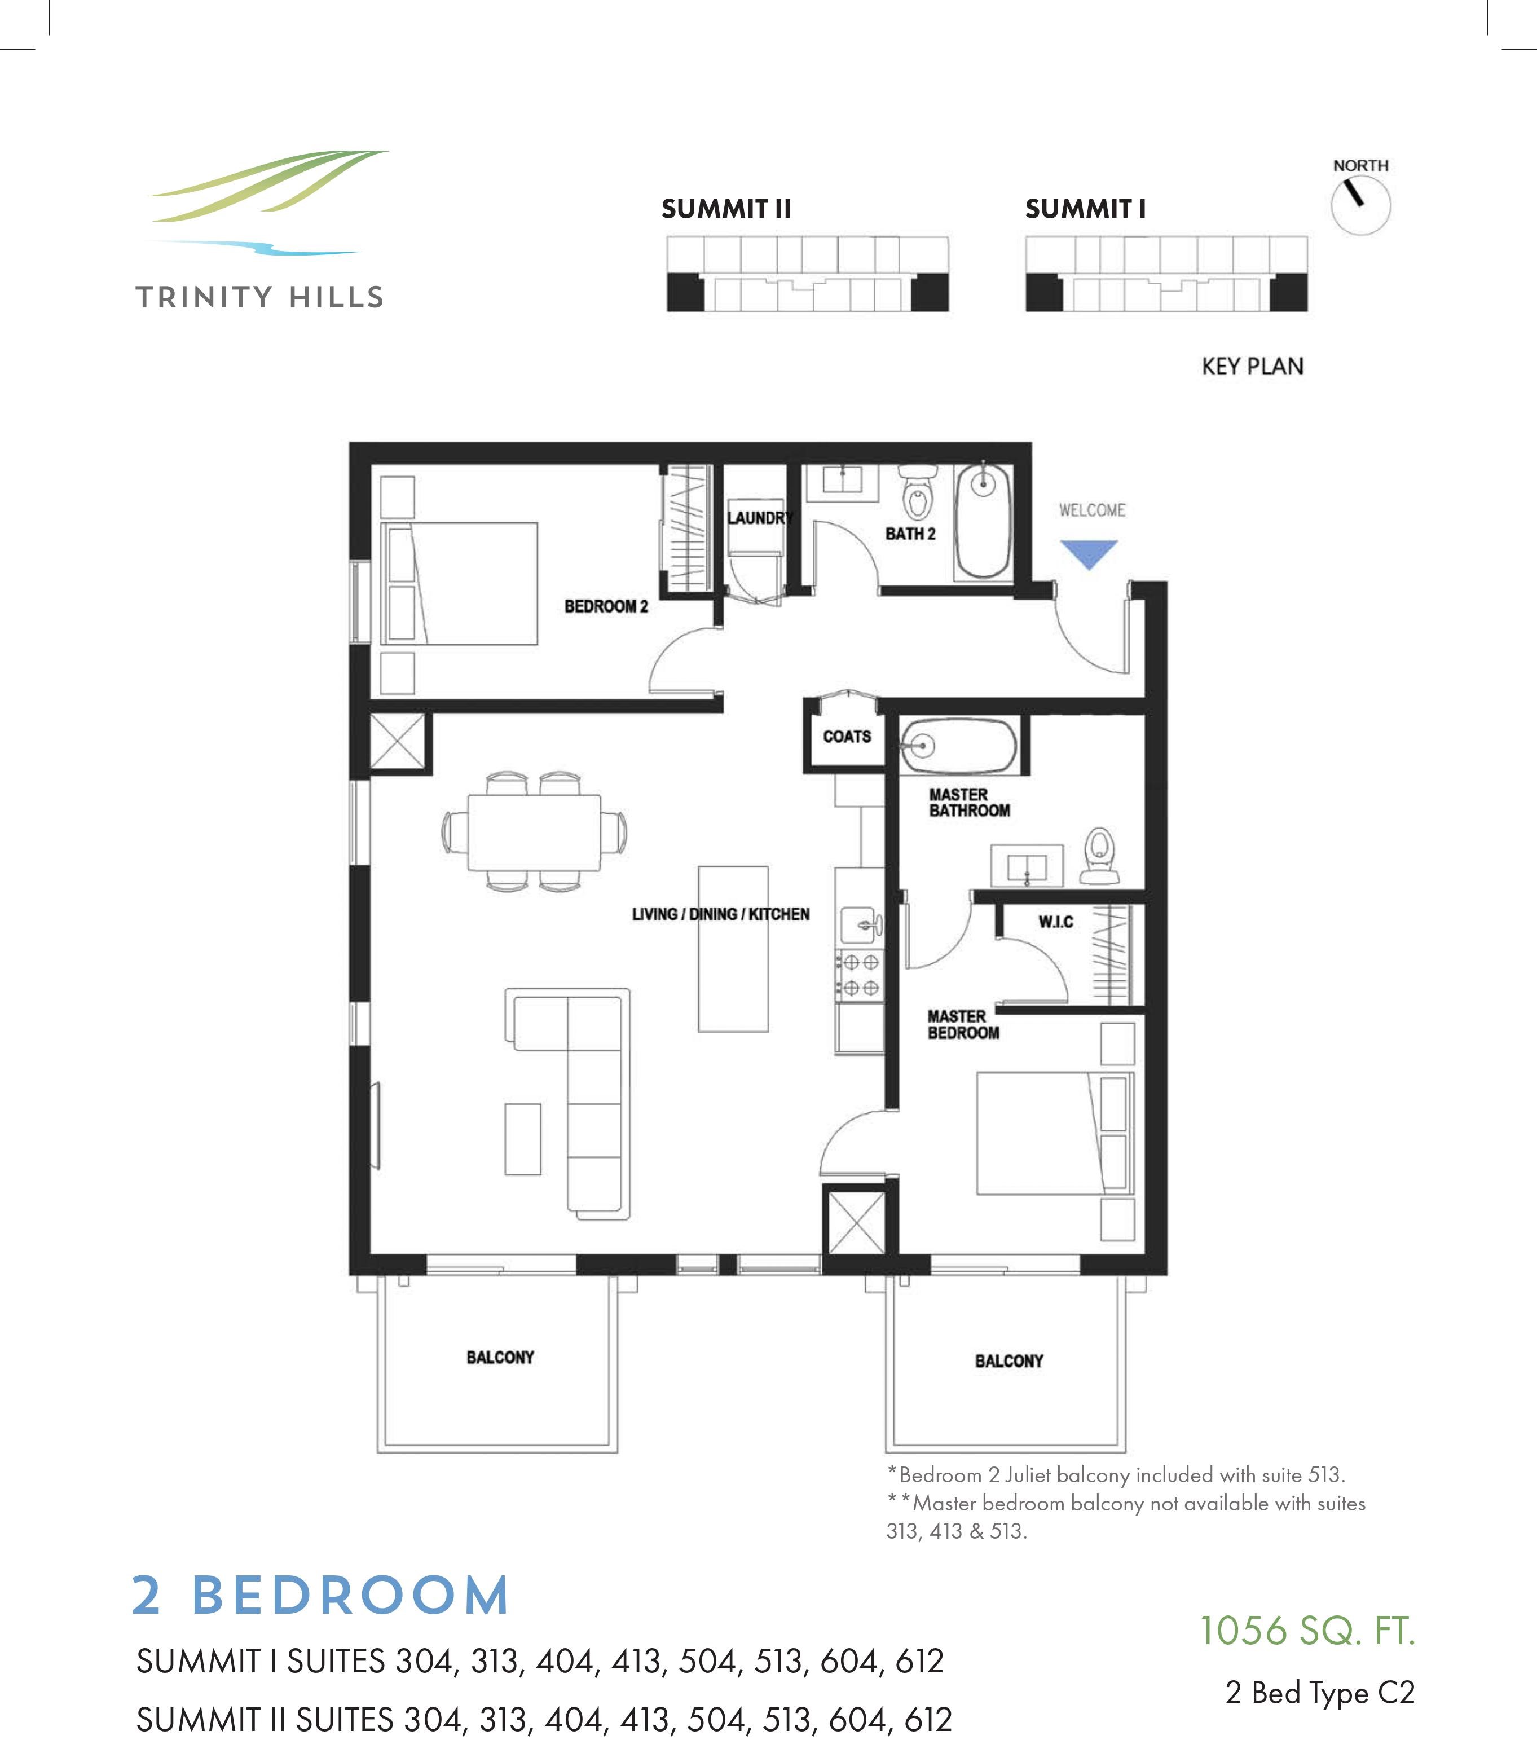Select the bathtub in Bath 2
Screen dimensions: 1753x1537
tap(983, 521)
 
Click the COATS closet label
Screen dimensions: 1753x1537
tap(847, 736)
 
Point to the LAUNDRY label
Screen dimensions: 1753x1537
tap(758, 517)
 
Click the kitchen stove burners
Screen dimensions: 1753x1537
tap(860, 974)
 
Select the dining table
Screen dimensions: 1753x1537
tap(534, 832)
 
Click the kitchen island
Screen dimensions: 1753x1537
tap(733, 949)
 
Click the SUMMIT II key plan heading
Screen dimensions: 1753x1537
tap(725, 208)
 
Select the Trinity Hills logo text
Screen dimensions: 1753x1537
tap(259, 298)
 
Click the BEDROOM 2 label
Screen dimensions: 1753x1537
tap(606, 606)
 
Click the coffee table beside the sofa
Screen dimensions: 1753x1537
tap(522, 1138)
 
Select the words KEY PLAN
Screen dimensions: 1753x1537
tap(1252, 366)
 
